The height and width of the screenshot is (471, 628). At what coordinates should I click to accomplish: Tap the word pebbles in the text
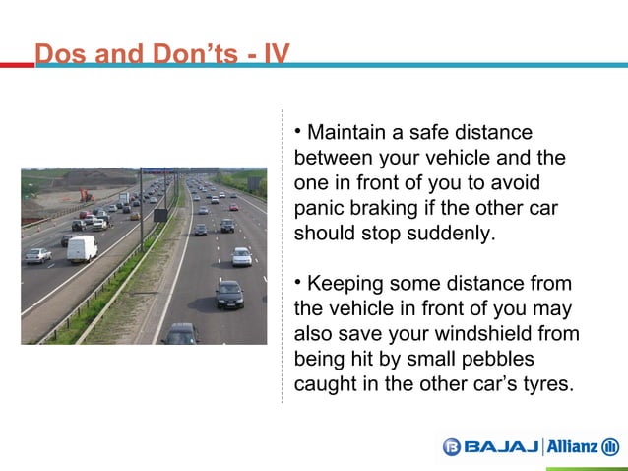coord(517,359)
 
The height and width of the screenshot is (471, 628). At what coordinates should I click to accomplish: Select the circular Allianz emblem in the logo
coord(610,447)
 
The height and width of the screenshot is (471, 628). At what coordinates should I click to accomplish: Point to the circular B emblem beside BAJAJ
coord(451,447)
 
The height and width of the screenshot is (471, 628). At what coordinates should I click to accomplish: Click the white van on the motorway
coord(82,248)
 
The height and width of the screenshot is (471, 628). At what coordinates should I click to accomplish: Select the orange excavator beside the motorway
coord(87,195)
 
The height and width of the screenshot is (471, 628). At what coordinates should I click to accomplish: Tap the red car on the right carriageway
coord(233,207)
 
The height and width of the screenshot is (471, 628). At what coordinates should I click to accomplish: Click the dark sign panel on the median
coord(160,215)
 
